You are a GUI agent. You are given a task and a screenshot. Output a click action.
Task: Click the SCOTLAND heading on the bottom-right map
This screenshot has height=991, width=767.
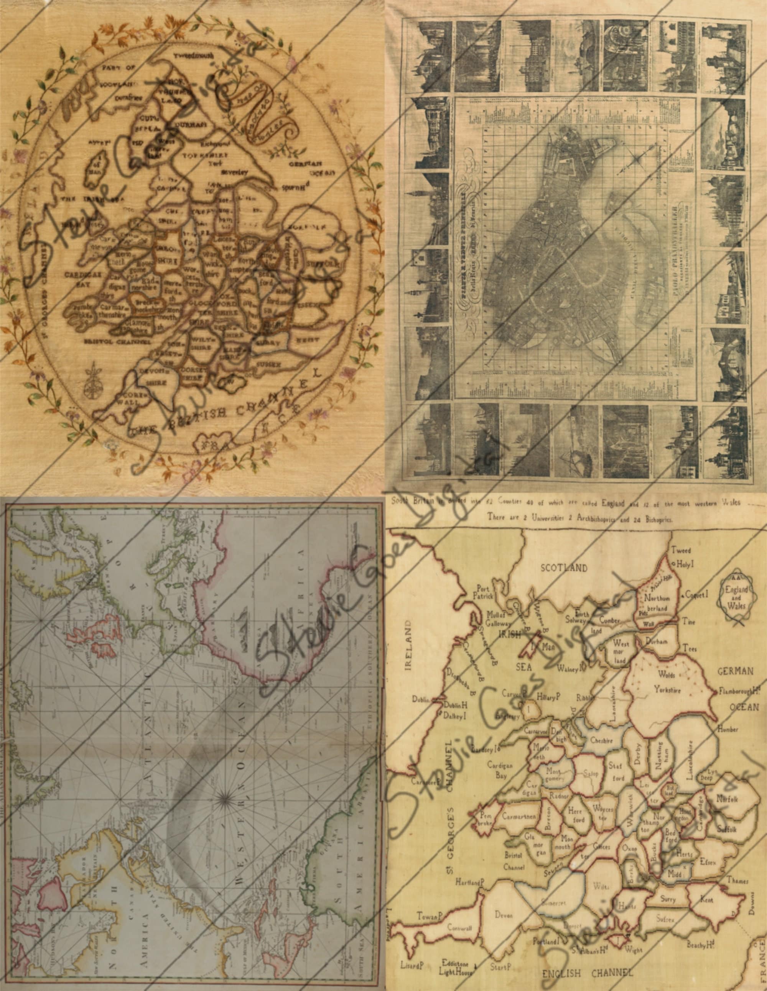[564, 568]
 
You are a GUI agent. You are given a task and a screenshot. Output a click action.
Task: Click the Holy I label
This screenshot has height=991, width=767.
[686, 565]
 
